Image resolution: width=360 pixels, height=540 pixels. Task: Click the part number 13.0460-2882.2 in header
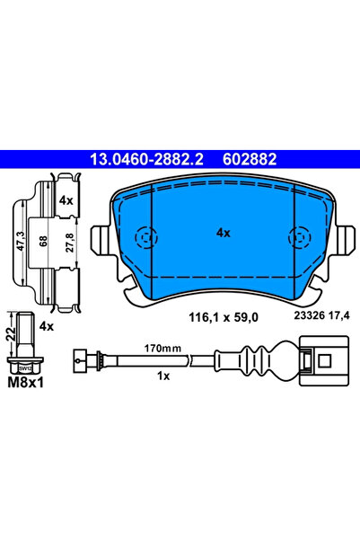142,159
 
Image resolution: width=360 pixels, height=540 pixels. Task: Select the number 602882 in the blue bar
243,159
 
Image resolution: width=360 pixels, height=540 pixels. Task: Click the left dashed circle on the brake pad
144,237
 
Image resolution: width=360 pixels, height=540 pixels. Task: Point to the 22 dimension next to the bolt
11,334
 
